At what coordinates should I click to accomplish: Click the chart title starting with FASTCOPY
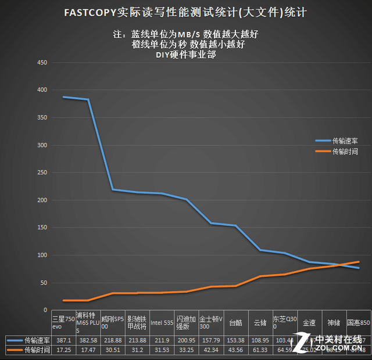point(185,12)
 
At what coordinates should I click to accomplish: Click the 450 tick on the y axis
point(42,63)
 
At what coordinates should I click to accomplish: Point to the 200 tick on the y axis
point(42,200)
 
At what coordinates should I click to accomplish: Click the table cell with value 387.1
point(63,340)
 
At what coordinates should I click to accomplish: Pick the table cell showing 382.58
point(88,340)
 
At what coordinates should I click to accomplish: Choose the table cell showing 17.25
point(63,351)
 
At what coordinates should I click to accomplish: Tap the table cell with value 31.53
point(161,351)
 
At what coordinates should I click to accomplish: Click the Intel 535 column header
point(161,323)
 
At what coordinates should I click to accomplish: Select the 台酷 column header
point(235,323)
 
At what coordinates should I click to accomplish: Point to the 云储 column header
point(260,323)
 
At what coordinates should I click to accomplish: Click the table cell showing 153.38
point(235,340)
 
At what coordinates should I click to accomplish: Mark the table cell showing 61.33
point(260,351)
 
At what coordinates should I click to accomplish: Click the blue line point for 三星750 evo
point(63,97)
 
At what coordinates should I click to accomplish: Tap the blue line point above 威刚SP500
point(112,190)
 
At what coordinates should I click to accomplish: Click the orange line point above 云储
point(260,276)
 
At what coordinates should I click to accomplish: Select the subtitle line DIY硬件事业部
point(185,56)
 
